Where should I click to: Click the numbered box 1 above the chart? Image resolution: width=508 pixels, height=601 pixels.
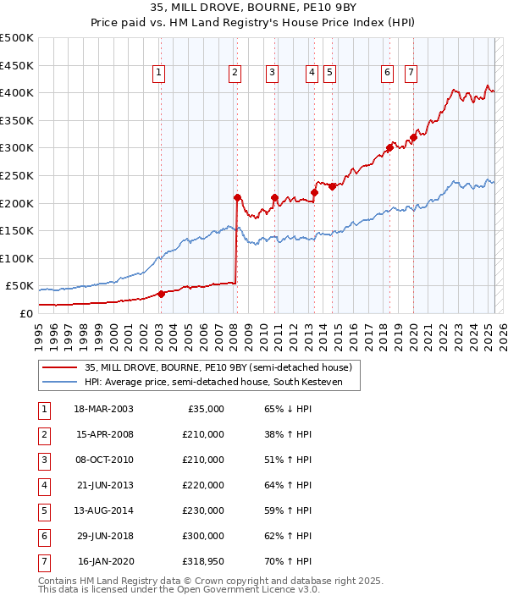click(x=159, y=74)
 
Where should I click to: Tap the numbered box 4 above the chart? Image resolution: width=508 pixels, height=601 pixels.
click(x=312, y=74)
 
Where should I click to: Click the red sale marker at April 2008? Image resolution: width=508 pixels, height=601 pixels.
click(x=237, y=197)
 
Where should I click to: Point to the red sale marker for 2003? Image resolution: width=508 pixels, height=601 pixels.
click(x=161, y=294)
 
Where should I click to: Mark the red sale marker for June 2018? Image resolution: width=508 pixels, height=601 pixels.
click(x=389, y=147)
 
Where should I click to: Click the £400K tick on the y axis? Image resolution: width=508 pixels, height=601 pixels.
click(x=18, y=92)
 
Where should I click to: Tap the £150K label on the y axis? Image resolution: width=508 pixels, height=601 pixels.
click(x=18, y=230)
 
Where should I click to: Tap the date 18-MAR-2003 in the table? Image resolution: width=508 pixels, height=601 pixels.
click(x=104, y=409)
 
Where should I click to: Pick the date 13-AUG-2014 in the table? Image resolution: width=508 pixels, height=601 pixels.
click(x=104, y=510)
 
